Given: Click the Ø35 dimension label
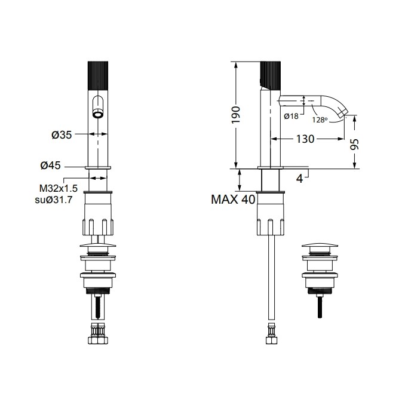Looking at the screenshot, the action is pos(62,135).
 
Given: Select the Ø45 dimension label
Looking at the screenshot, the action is pos(51,165).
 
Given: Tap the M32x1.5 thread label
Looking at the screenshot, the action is pos(59,188).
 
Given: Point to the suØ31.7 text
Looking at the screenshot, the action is pos(54,200).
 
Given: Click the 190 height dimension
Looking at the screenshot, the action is pos(237,115).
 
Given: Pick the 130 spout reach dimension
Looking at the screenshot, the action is pos(305,139).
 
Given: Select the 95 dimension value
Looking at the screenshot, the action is pos(355,144).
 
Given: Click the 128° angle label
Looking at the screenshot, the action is pos(320,119).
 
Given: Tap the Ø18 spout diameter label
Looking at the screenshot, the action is pos(291,116).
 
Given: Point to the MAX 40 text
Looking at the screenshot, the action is pos(233,200).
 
